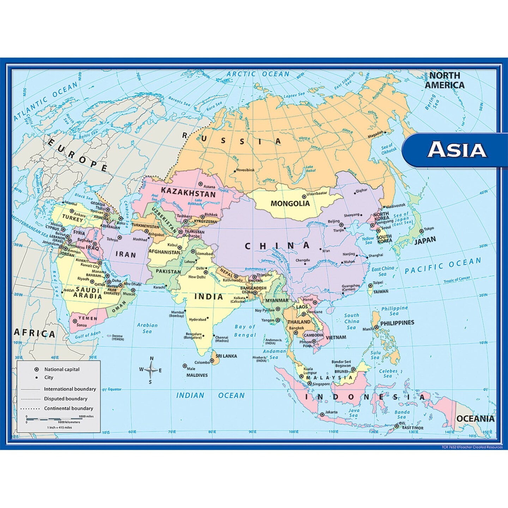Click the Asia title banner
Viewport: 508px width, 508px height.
coord(457,150)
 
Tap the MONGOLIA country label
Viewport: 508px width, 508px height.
coord(290,204)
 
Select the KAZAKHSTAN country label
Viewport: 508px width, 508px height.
coord(188,193)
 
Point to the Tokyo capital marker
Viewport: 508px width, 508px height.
coord(421,231)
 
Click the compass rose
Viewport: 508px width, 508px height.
coord(151,370)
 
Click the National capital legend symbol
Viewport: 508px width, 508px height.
coord(36,369)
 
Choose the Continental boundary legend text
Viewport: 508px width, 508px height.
coord(68,409)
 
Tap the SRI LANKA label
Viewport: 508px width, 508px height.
coord(226,356)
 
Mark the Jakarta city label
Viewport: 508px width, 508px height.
coord(331,412)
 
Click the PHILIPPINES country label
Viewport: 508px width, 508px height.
coord(397,323)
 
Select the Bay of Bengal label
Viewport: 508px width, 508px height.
coord(245,331)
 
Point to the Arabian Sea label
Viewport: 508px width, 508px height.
coord(147,328)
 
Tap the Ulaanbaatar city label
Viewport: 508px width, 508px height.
coord(317,193)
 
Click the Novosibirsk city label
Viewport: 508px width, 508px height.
coord(245,170)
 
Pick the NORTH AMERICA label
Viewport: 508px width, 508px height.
coord(445,80)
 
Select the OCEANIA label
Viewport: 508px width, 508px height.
coord(475,419)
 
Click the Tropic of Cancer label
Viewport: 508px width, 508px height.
coord(457,280)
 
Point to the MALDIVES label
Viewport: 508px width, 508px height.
coord(197,375)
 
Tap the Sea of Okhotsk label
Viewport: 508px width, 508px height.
coord(388,149)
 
